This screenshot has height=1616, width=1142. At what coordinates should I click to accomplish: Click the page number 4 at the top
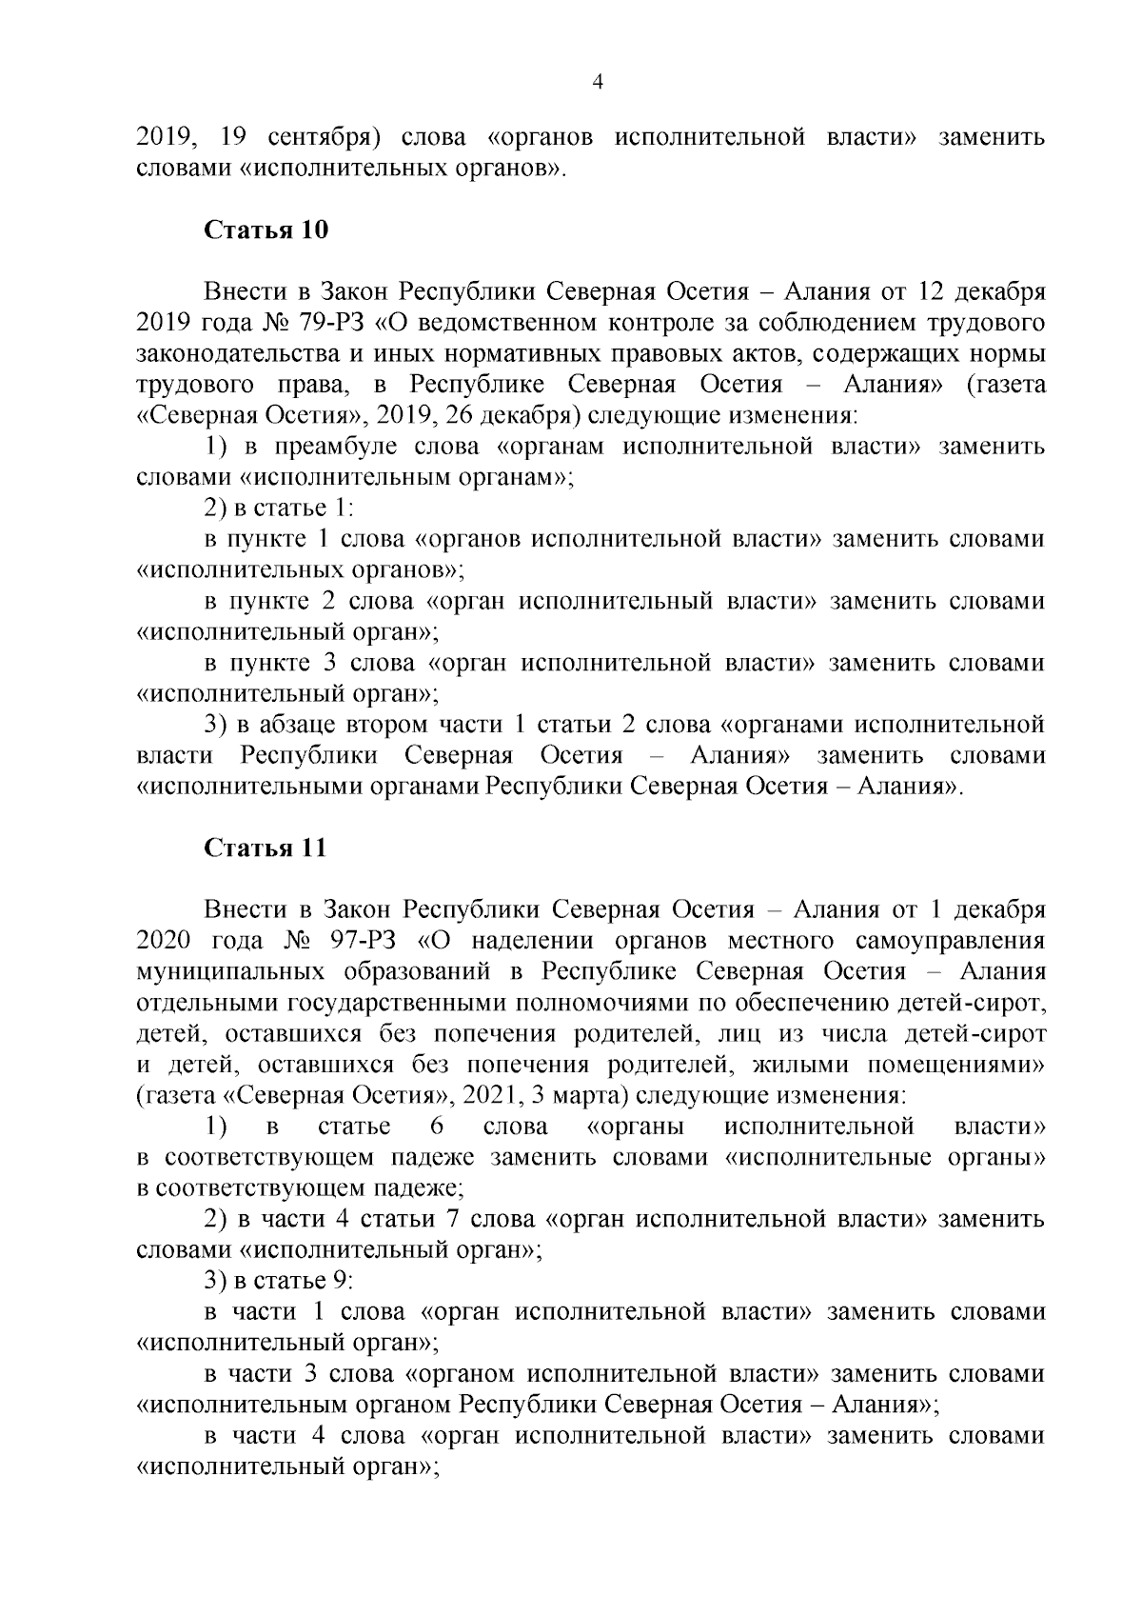(x=598, y=82)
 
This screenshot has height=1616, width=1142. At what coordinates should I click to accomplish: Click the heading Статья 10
(x=266, y=230)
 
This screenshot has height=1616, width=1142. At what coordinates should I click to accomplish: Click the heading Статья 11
(x=266, y=848)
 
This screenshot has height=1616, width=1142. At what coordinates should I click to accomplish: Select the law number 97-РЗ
(x=369, y=941)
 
